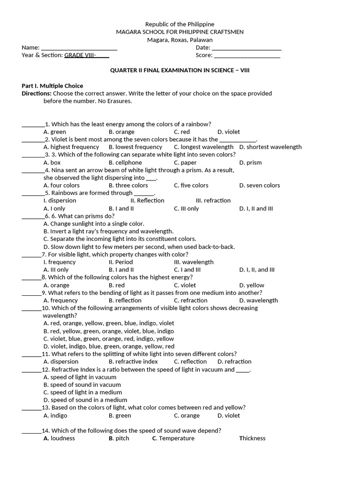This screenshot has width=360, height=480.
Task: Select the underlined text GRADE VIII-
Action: tap(80, 55)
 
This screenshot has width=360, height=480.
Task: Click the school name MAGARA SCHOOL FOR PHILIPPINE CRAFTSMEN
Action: tap(180, 32)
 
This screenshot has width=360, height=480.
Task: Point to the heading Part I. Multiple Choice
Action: tap(52, 86)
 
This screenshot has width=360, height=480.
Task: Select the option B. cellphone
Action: tap(125, 163)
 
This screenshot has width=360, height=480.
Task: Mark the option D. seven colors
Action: tap(259, 186)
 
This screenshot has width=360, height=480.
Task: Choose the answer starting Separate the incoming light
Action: tap(120, 239)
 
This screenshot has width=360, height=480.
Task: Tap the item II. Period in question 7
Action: tap(120, 262)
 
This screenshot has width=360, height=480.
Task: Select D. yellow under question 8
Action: tap(252, 285)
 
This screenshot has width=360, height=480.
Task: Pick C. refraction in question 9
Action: tap(190, 300)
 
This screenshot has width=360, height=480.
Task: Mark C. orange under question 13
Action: tap(187, 415)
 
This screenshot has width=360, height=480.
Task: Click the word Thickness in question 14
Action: tap(252, 438)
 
